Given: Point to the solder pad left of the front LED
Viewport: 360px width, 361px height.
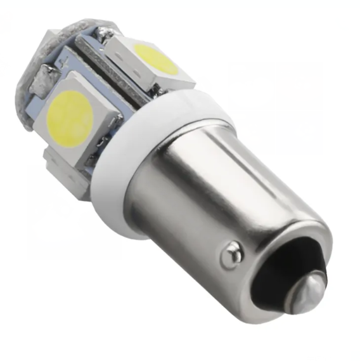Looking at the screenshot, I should point(42,82).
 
